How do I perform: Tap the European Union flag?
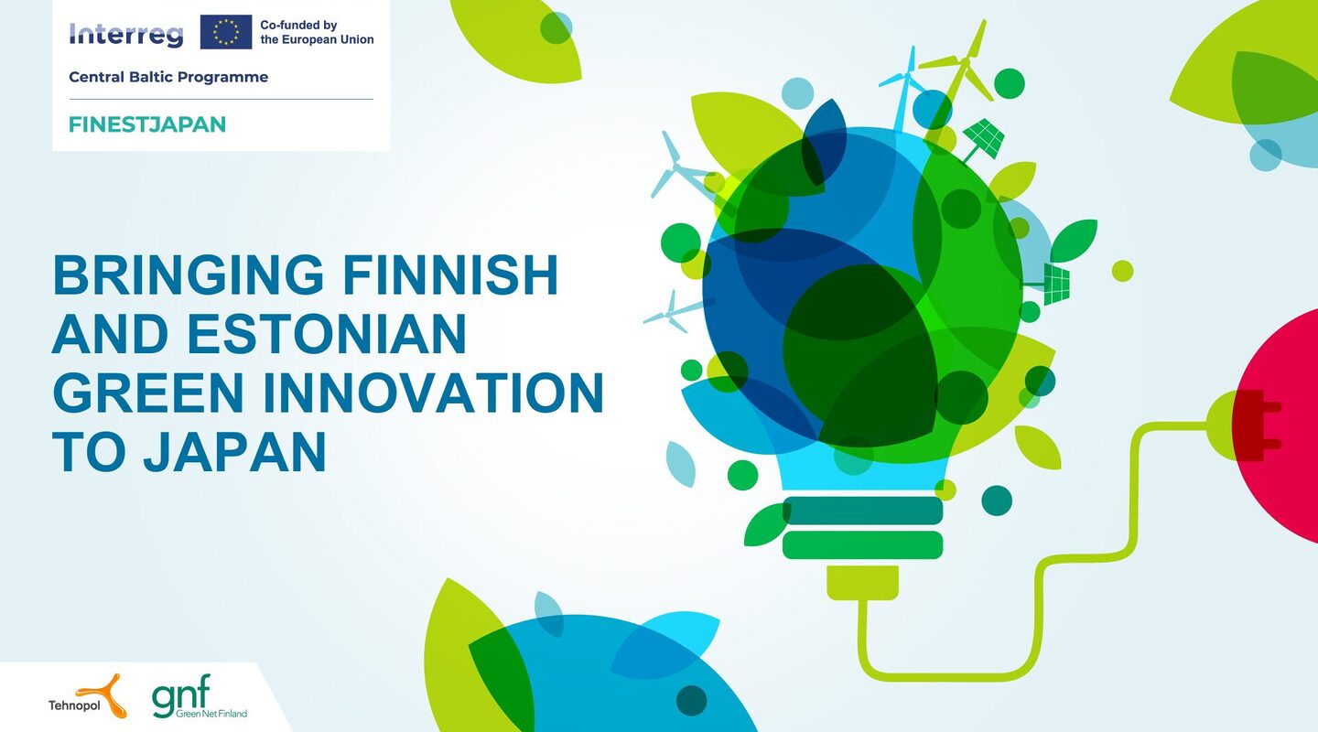click(x=226, y=32)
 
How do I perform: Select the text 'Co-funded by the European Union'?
click(x=317, y=32)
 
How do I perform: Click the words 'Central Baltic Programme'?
click(x=168, y=77)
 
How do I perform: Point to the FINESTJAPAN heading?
click(x=147, y=124)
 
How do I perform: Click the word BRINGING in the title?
click(x=189, y=274)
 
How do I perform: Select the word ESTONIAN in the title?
click(x=327, y=333)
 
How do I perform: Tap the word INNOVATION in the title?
click(x=434, y=392)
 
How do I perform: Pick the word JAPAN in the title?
click(x=234, y=451)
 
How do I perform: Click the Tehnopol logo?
click(x=87, y=696)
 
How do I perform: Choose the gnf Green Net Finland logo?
click(x=199, y=696)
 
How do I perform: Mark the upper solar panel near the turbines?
click(x=983, y=139)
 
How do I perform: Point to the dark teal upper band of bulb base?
click(x=862, y=511)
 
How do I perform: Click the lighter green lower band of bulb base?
click(x=862, y=544)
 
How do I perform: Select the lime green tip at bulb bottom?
click(x=862, y=583)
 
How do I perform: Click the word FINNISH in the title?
click(x=450, y=274)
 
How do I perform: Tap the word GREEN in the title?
click(x=148, y=392)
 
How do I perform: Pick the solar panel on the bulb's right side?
click(x=1053, y=285)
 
